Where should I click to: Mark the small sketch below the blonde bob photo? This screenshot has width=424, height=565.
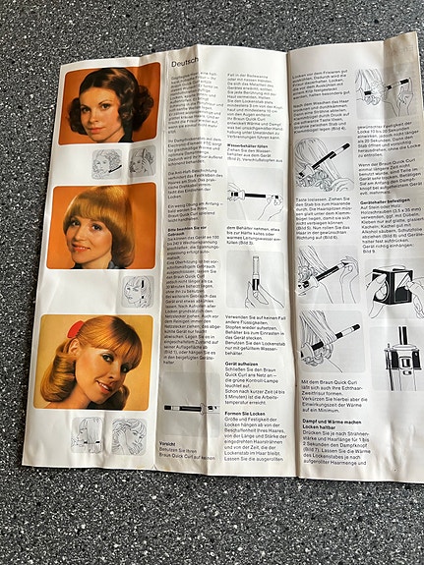click(136, 291)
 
